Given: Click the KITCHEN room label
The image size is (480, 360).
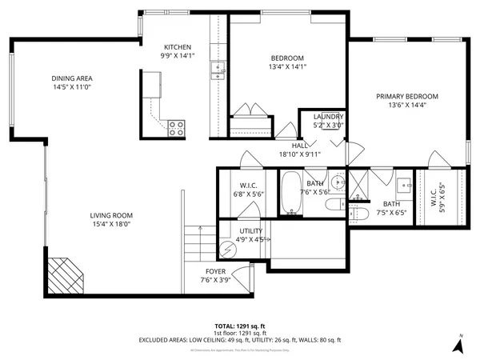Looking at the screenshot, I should pyautogui.click(x=177, y=47).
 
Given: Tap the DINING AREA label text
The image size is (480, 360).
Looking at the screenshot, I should pyautogui.click(x=73, y=78).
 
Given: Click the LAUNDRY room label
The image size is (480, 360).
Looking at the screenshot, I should pyautogui.click(x=327, y=117).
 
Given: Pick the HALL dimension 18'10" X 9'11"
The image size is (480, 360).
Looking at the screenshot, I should pyautogui.click(x=300, y=154).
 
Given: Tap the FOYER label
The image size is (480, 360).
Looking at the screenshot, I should pyautogui.click(x=215, y=272).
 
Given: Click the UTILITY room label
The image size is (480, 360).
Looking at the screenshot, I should pyautogui.click(x=251, y=230).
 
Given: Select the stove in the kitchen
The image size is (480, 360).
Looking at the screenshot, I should pyautogui.click(x=177, y=125).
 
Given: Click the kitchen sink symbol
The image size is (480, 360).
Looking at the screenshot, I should pyautogui.click(x=215, y=71).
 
